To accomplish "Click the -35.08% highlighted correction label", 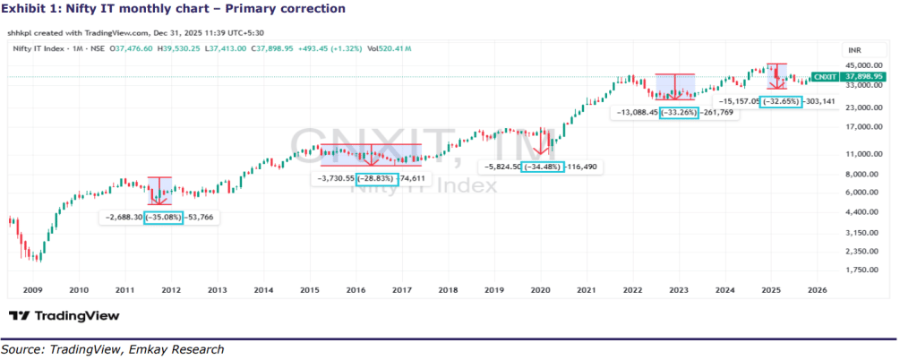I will (162, 217).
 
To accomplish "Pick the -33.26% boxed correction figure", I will (678, 113).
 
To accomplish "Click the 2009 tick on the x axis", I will (32, 290).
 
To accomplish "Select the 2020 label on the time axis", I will (540, 290).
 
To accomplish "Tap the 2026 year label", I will (817, 290).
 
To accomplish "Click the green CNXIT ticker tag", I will (823, 77).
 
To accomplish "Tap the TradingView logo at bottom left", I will (64, 315).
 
